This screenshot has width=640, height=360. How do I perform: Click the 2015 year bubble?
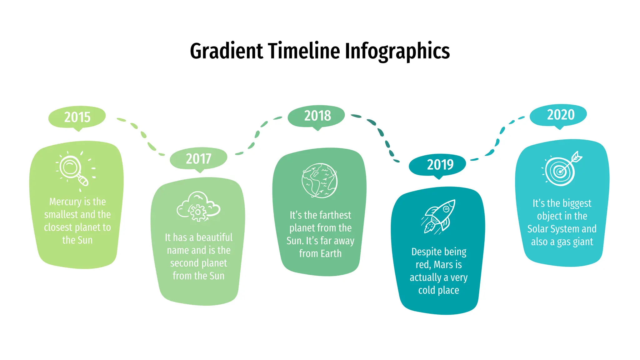point(77,117)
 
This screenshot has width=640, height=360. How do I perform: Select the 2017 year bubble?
point(198,158)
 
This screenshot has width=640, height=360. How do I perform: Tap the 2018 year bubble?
point(317,116)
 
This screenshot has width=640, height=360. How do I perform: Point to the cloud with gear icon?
point(198,207)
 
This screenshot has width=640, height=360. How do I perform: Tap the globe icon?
point(319,180)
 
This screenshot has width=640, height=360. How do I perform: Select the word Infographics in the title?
point(397,51)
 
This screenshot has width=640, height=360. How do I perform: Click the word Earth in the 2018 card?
point(331,253)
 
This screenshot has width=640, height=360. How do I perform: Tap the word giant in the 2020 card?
point(583,242)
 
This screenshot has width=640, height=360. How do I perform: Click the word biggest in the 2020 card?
point(577,203)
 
